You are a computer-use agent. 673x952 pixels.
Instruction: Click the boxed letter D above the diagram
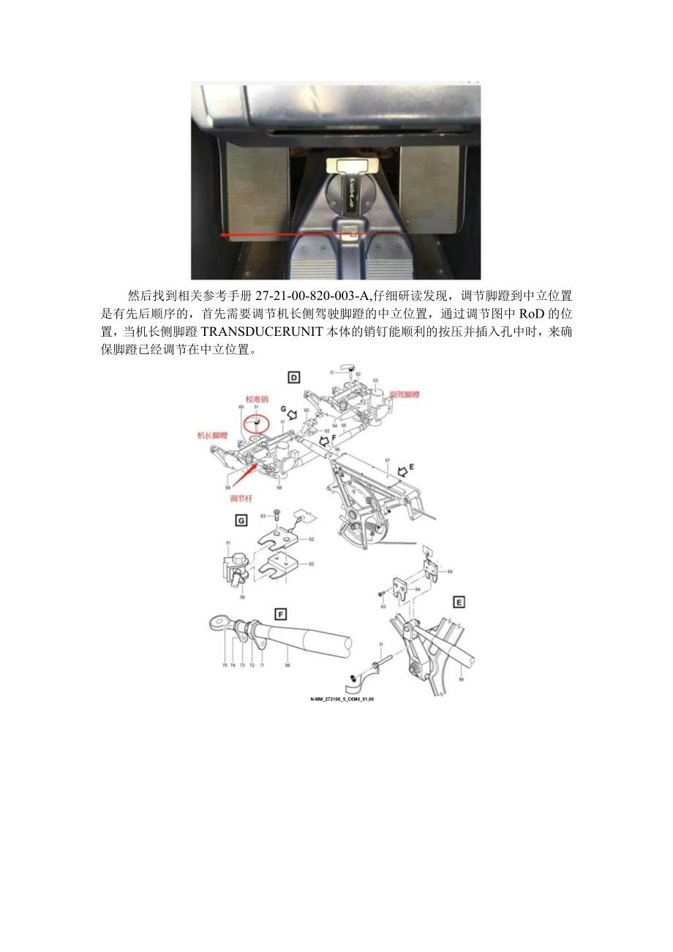pyautogui.click(x=293, y=378)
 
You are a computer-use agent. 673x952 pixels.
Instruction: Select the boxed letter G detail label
pyautogui.click(x=239, y=520)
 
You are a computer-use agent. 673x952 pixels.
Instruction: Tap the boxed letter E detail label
pyautogui.click(x=459, y=602)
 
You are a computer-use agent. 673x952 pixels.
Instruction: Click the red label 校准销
pyautogui.click(x=257, y=400)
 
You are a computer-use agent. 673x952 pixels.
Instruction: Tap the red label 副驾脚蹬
pyautogui.click(x=405, y=394)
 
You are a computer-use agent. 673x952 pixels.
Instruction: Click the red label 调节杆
pyautogui.click(x=241, y=499)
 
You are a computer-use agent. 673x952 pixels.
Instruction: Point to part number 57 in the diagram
pyautogui.click(x=387, y=460)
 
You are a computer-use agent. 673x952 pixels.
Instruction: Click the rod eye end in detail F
pyautogui.click(x=217, y=623)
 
